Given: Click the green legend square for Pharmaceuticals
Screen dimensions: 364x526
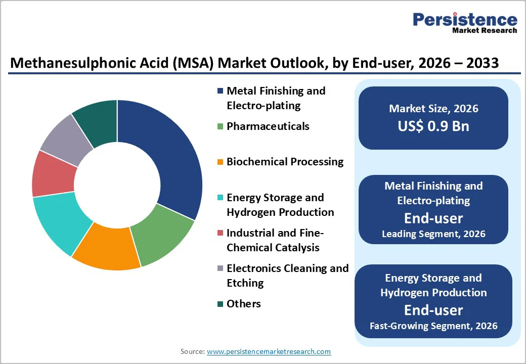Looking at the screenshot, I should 220,126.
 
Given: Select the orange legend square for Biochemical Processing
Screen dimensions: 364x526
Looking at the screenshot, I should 220,162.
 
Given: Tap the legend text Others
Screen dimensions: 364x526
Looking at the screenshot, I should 244,304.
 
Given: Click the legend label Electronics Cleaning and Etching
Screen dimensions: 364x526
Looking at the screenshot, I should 287,276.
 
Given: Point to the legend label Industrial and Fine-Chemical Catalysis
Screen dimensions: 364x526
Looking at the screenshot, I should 275,240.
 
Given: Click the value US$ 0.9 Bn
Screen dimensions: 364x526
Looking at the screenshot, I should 433,126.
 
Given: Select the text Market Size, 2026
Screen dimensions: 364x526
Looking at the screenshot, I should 433,109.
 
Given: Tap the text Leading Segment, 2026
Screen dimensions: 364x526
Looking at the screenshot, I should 433,234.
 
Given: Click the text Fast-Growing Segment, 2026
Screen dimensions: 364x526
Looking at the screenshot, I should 433,326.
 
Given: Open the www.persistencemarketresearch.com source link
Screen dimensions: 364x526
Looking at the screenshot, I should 269,351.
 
